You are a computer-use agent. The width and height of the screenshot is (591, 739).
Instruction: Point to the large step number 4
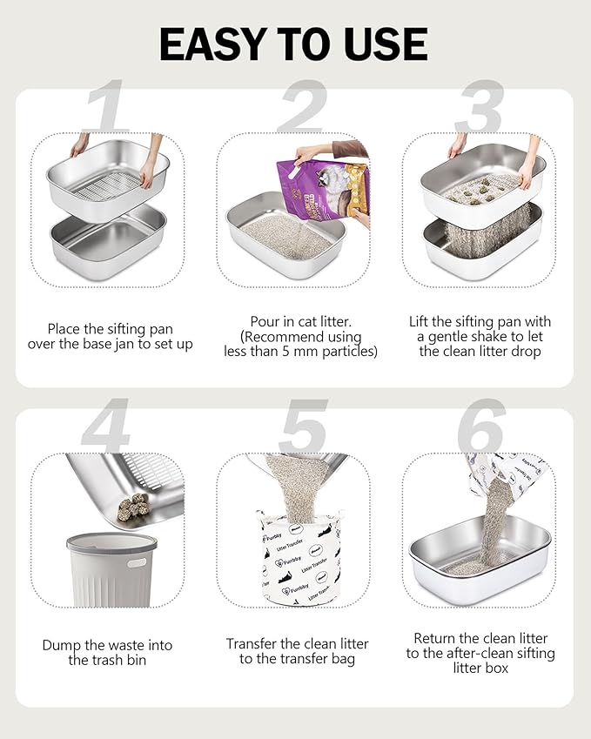tap(105, 427)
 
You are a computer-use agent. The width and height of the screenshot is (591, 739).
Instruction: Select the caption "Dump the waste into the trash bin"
tap(108, 652)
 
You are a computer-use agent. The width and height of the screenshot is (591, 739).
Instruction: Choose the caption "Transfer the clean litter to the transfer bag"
tap(297, 651)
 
